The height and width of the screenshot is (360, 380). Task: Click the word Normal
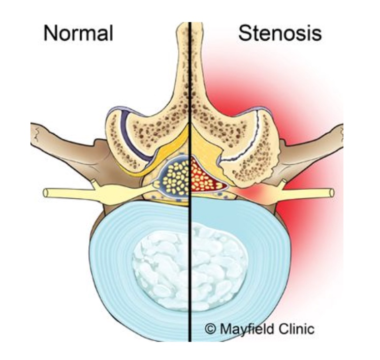(78, 34)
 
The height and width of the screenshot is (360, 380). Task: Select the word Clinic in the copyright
(296, 328)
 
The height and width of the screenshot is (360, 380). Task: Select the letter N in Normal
(49, 34)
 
